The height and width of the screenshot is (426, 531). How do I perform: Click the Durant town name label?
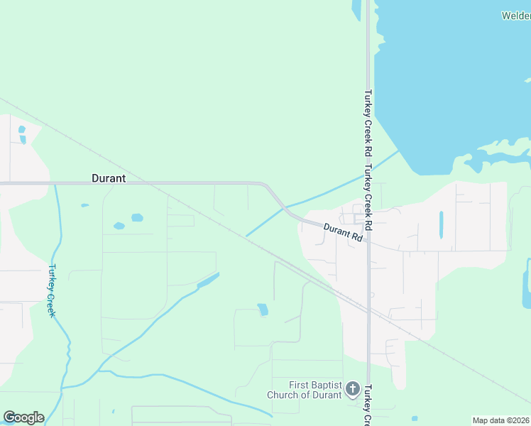click(x=109, y=179)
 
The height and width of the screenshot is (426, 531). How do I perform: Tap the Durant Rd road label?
click(x=344, y=233)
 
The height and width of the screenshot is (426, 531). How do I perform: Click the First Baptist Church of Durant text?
click(x=305, y=390)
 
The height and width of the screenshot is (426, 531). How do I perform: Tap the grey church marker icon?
click(x=353, y=389)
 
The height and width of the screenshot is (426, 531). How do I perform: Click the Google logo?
click(x=23, y=417)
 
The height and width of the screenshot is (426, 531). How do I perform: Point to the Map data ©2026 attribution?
click(x=500, y=420)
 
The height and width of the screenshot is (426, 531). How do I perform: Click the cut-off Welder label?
click(x=516, y=16)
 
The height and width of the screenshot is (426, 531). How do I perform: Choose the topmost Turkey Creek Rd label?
click(x=368, y=122)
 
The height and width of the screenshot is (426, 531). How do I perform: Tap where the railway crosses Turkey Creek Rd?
click(x=368, y=310)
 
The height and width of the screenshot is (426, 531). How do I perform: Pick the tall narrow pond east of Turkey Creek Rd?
click(x=441, y=224)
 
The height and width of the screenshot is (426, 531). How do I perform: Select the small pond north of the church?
click(x=263, y=310)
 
